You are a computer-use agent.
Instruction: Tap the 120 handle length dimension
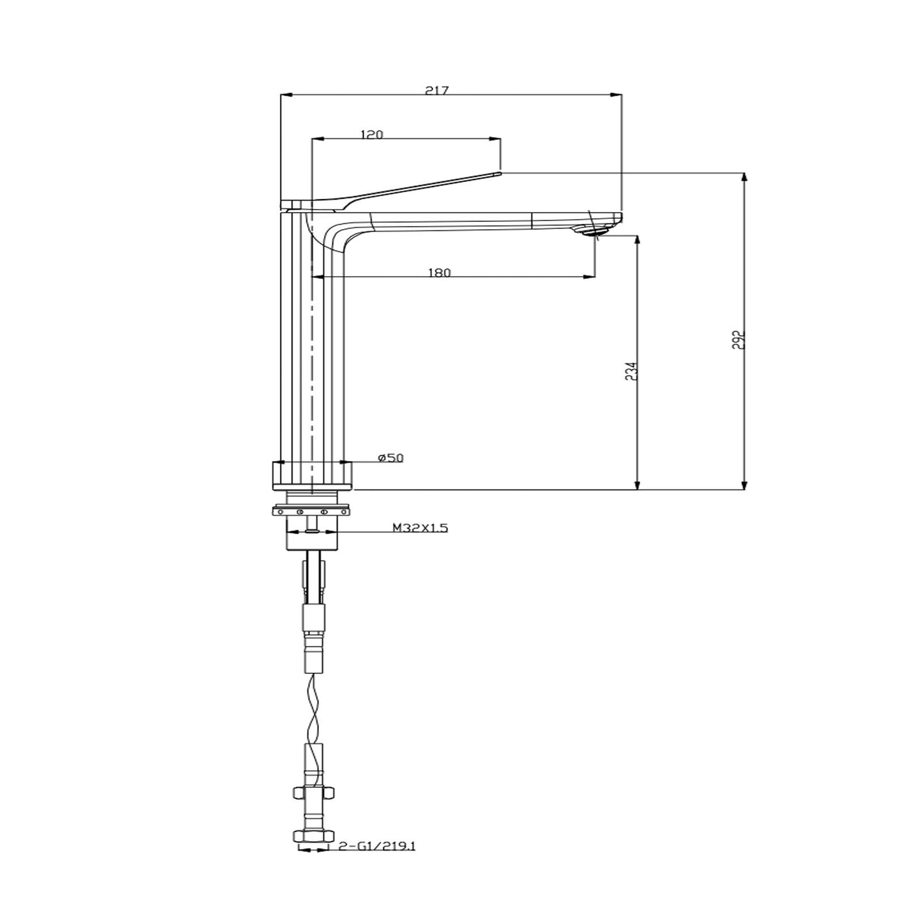pyautogui.click(x=372, y=134)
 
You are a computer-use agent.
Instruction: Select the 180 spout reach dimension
pyautogui.click(x=439, y=272)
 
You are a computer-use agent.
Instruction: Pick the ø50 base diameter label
pyautogui.click(x=390, y=458)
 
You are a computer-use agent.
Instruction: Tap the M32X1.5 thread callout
pyautogui.click(x=420, y=529)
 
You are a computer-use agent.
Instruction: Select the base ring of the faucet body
pyautogui.click(x=313, y=475)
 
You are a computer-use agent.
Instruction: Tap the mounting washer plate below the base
pyautogui.click(x=312, y=512)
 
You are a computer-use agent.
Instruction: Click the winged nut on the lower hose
pyautogui.click(x=313, y=794)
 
